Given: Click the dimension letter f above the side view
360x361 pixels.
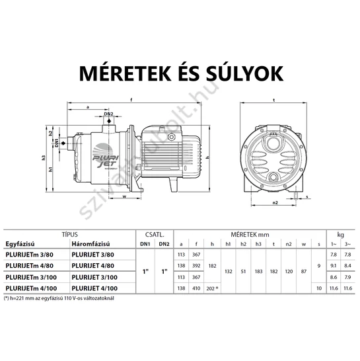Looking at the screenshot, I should (x=131, y=100).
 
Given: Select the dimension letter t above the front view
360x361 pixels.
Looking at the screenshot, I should (x=273, y=100).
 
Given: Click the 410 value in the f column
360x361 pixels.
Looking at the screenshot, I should (x=196, y=288).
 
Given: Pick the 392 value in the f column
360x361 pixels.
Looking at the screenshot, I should (x=196, y=265).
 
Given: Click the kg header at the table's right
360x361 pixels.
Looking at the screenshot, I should (x=340, y=233).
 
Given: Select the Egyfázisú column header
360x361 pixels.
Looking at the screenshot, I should (x=22, y=243).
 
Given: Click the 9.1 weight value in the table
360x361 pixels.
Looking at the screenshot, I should (x=331, y=265).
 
